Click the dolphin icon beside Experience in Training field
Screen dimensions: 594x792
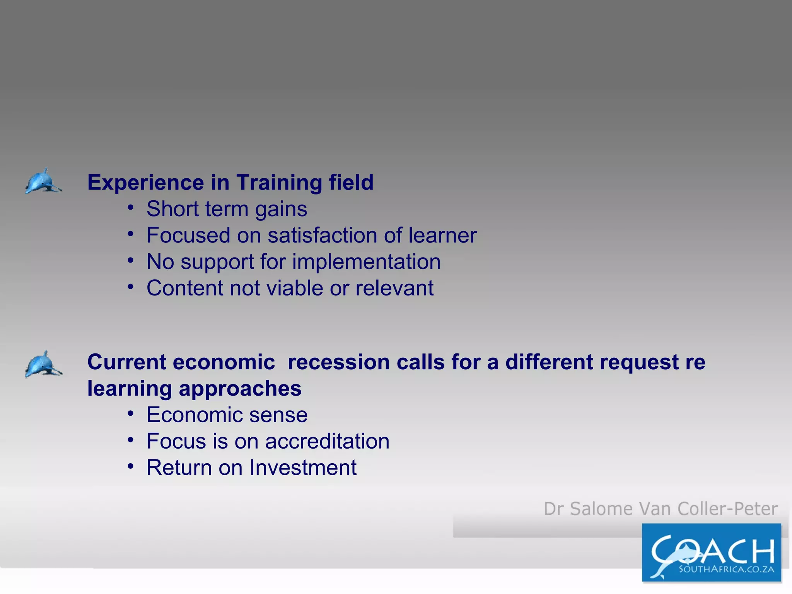(x=43, y=181)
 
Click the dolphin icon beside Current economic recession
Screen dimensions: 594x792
(x=43, y=364)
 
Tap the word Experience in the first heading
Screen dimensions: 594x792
(x=145, y=183)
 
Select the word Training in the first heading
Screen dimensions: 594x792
(x=279, y=183)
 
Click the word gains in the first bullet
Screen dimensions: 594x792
(x=281, y=210)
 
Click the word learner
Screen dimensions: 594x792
(x=442, y=235)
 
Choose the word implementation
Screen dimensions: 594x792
(x=366, y=262)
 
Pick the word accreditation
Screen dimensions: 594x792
(x=327, y=441)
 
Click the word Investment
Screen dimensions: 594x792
(x=303, y=468)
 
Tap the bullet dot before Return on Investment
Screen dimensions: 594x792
(x=131, y=467)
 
